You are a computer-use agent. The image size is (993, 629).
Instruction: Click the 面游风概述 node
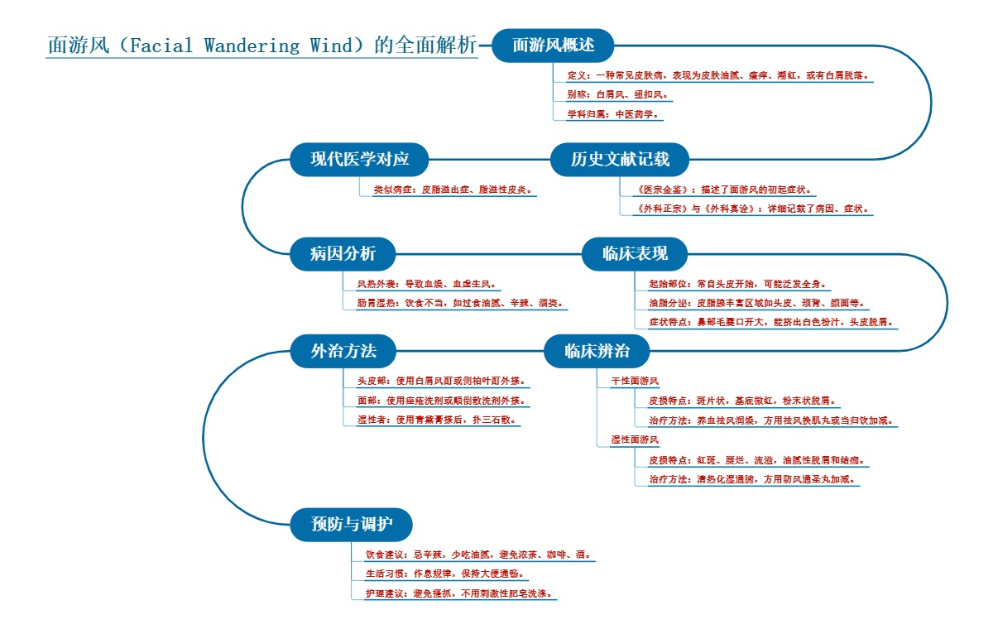(553, 46)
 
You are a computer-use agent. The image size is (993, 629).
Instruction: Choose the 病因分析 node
(343, 254)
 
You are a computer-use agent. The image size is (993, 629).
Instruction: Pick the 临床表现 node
(635, 254)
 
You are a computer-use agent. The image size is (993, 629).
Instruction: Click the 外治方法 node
(343, 351)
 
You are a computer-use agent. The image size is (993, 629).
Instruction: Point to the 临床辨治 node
(597, 351)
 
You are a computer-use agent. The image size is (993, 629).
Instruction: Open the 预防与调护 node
(351, 525)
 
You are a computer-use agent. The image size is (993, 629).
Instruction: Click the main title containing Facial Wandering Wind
(262, 46)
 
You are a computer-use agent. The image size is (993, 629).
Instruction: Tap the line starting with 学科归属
(613, 114)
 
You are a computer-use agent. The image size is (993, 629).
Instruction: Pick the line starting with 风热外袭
(427, 284)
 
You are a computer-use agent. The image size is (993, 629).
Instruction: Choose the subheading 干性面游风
(635, 382)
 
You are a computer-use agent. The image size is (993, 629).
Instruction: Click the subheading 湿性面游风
(635, 439)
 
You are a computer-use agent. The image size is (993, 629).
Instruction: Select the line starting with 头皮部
(441, 382)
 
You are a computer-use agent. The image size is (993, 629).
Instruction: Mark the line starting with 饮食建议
(478, 555)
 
